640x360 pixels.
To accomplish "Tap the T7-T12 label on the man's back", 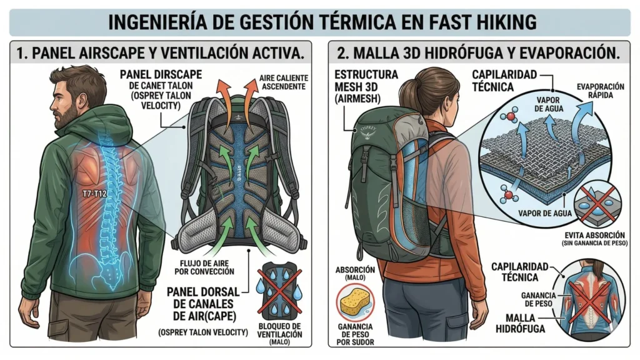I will [x=92, y=194].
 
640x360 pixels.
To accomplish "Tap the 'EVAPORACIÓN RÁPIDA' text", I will [x=602, y=90].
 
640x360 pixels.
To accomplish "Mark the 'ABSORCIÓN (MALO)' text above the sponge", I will [x=354, y=274].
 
